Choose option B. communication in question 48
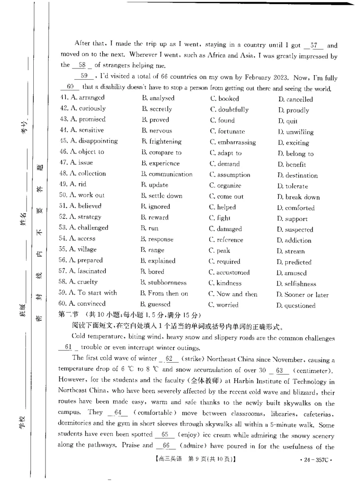(x=166, y=175)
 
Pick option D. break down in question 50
(x=298, y=197)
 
